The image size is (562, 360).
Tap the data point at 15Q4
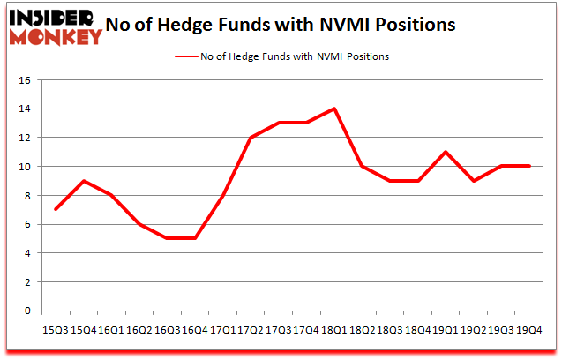click(x=85, y=181)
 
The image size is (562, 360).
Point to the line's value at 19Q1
click(x=446, y=152)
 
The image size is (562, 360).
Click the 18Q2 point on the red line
click(x=363, y=166)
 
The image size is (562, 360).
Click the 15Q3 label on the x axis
click(x=55, y=328)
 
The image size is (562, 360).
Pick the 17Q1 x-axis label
click(x=222, y=328)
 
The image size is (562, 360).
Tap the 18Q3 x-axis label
click(x=389, y=328)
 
